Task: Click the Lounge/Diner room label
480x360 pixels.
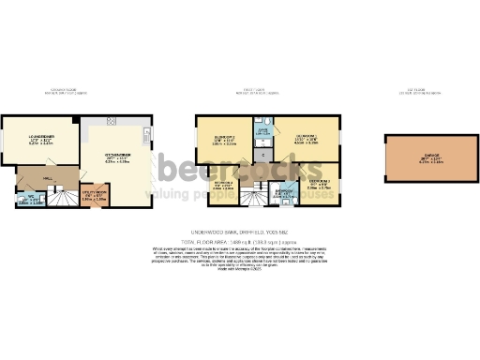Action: click(34, 140)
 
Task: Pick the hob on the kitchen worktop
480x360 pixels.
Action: click(111, 121)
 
